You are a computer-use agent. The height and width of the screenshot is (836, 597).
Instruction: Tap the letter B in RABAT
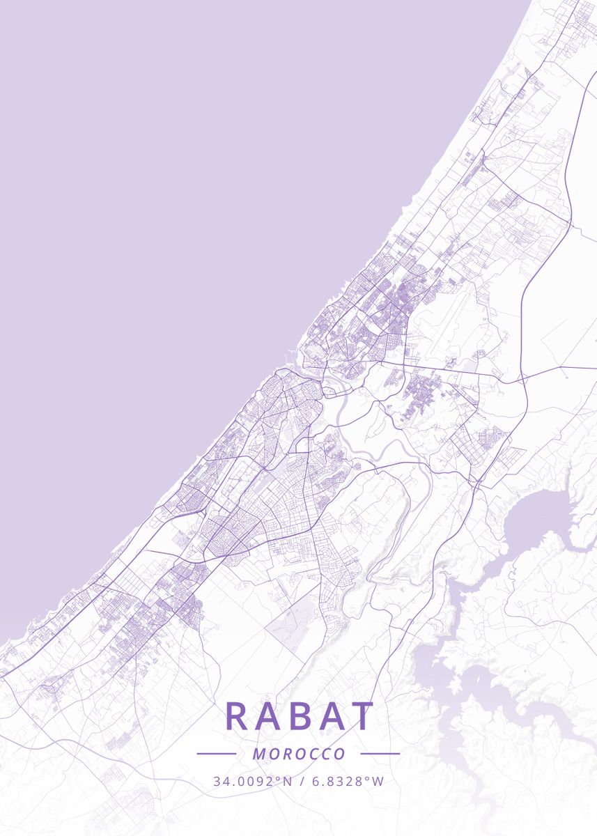[300, 716]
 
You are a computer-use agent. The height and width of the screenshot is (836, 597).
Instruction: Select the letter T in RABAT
[362, 716]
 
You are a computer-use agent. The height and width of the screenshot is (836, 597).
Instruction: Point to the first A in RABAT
[268, 716]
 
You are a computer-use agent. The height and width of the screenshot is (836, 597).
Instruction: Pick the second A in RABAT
[330, 716]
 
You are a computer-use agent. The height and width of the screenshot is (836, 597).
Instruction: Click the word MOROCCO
[299, 754]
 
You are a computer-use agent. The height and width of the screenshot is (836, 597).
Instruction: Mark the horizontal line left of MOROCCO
[217, 754]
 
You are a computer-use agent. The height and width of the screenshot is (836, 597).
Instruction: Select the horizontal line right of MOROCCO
[380, 754]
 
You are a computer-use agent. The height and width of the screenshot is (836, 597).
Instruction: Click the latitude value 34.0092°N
[253, 781]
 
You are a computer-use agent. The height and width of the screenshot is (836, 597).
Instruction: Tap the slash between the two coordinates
[300, 781]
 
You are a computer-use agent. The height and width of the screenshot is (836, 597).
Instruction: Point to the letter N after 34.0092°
[287, 781]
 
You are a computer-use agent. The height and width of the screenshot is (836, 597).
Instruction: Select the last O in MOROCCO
[340, 754]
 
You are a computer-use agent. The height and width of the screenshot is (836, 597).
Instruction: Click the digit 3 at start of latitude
[217, 781]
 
